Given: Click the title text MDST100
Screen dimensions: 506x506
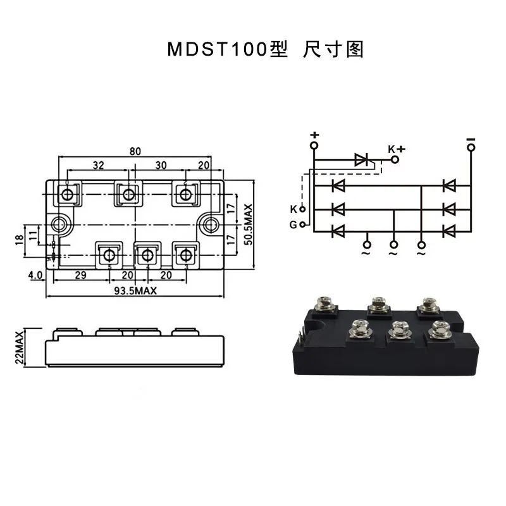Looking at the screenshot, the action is coord(218,49).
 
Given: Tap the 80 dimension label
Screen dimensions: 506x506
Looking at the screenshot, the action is coord(135,151).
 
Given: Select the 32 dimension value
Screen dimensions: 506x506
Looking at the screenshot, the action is coord(99,165).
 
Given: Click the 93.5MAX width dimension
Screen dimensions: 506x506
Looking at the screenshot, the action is coord(135,291).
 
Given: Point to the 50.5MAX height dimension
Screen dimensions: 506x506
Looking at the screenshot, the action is coord(248,225).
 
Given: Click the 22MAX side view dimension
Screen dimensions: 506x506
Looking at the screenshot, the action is coord(20,347).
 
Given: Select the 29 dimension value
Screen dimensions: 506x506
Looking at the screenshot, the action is coord(81,275).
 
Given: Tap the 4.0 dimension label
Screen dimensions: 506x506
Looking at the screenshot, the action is coord(35,275).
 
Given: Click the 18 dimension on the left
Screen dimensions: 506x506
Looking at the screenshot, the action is coord(20,240).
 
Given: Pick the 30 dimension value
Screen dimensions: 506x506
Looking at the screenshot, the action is coord(161,165).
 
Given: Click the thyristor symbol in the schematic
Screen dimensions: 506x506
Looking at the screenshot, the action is coord(362,159).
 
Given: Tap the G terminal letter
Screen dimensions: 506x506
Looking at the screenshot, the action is coord(293,225).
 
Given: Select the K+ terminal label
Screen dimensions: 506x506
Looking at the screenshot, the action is coord(397,149).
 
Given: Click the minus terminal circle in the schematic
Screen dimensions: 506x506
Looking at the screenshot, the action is coord(471,148).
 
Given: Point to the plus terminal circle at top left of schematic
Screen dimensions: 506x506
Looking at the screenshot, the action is coord(314,145).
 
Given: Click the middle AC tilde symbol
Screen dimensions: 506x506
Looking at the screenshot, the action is coord(393,254).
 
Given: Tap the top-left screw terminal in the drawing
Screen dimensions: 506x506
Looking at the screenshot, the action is coord(67,194).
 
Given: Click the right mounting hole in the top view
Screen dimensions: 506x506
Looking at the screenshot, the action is coord(210,225).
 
